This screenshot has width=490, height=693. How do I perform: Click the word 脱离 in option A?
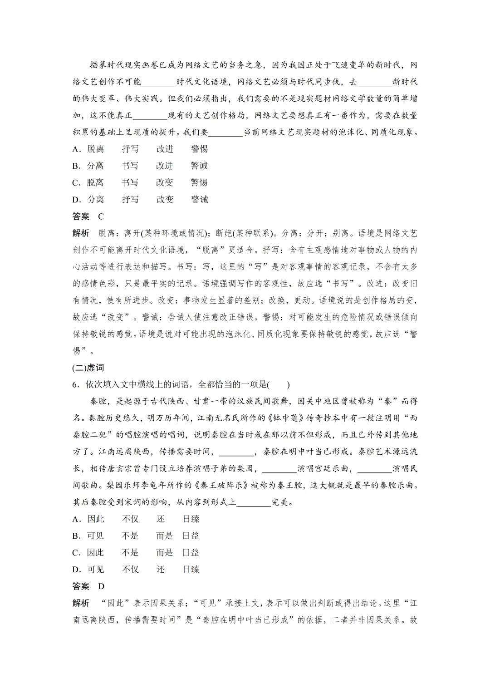point(95,149)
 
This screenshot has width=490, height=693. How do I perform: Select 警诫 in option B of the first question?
point(199,166)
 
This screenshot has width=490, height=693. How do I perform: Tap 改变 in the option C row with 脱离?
point(165,182)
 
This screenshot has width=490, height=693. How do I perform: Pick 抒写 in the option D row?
point(130,199)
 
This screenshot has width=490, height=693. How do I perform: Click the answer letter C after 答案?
point(101,216)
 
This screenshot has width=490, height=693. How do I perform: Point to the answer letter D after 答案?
point(101,586)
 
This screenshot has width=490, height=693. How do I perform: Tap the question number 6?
point(75,384)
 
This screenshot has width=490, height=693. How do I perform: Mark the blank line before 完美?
point(254,502)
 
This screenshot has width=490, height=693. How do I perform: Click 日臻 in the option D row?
point(191,569)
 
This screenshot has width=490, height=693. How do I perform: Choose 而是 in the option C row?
point(165,552)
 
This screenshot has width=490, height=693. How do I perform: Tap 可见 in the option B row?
point(95,536)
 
